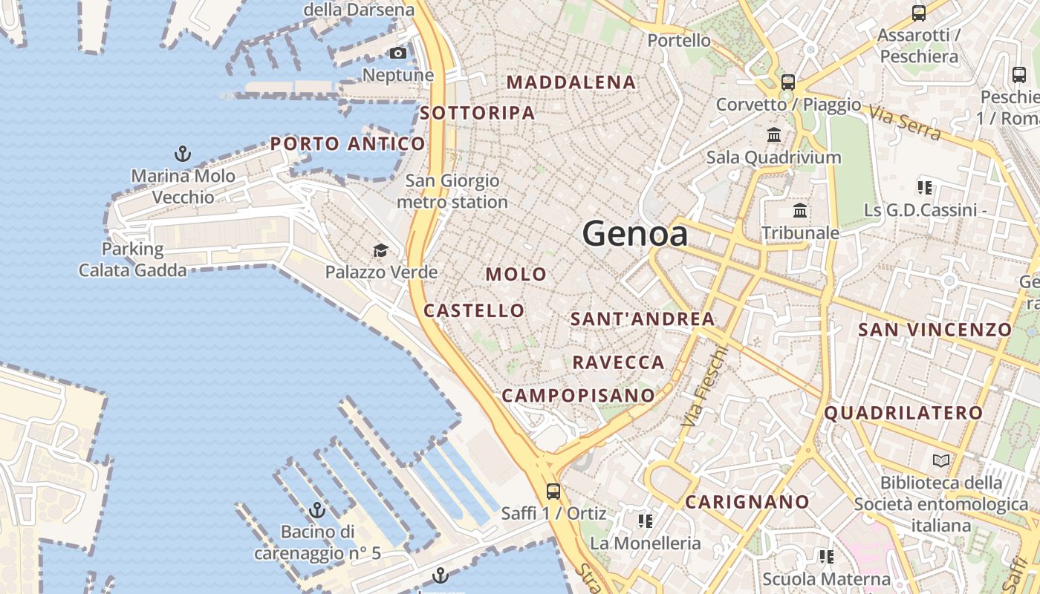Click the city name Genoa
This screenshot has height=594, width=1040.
tap(634, 234)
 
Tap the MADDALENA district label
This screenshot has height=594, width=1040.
tap(571, 82)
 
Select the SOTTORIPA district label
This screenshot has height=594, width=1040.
tap(477, 113)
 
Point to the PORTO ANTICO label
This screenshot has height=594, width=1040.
tap(348, 144)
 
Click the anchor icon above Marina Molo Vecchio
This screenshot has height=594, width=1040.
tap(182, 154)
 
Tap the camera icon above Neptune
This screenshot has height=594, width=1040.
tap(398, 53)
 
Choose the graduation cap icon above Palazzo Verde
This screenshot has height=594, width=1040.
tap(380, 250)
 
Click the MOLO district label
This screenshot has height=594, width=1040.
tap(516, 274)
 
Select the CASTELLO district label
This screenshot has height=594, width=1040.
tap(474, 310)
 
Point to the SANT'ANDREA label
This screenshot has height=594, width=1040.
tap(643, 319)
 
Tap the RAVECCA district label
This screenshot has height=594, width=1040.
tap(618, 362)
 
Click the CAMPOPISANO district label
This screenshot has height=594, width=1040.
tap(579, 396)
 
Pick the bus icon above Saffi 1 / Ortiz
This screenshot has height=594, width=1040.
tap(553, 491)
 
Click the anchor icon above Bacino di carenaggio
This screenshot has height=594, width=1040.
tap(317, 510)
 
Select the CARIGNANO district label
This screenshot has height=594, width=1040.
tap(747, 502)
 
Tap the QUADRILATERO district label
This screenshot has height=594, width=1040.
tap(903, 413)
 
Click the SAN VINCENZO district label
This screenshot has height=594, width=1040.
tap(935, 330)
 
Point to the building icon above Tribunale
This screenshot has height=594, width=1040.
tap(800, 211)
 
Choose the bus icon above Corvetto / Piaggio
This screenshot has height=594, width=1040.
tap(788, 82)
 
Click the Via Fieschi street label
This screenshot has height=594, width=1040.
tap(701, 387)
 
